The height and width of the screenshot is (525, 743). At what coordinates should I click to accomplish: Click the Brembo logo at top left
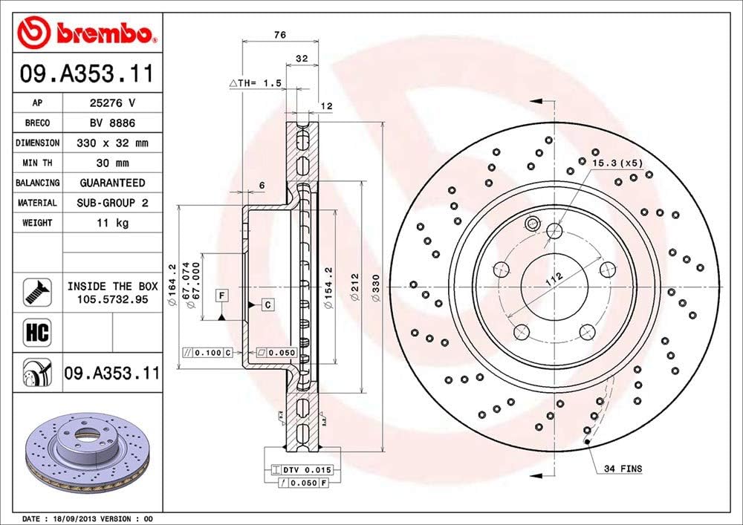click(x=88, y=32)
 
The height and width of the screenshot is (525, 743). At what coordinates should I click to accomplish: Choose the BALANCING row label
click(x=38, y=183)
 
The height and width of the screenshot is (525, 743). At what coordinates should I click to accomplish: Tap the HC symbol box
click(x=38, y=333)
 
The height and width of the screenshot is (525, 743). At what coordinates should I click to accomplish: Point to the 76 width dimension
click(x=280, y=35)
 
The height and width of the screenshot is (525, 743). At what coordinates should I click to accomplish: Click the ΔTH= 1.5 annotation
click(x=255, y=84)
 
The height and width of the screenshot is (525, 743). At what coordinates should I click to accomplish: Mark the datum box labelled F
click(x=221, y=296)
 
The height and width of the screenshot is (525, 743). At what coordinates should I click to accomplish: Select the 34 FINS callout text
click(x=623, y=469)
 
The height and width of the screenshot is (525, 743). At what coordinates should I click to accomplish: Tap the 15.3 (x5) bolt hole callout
click(x=617, y=162)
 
